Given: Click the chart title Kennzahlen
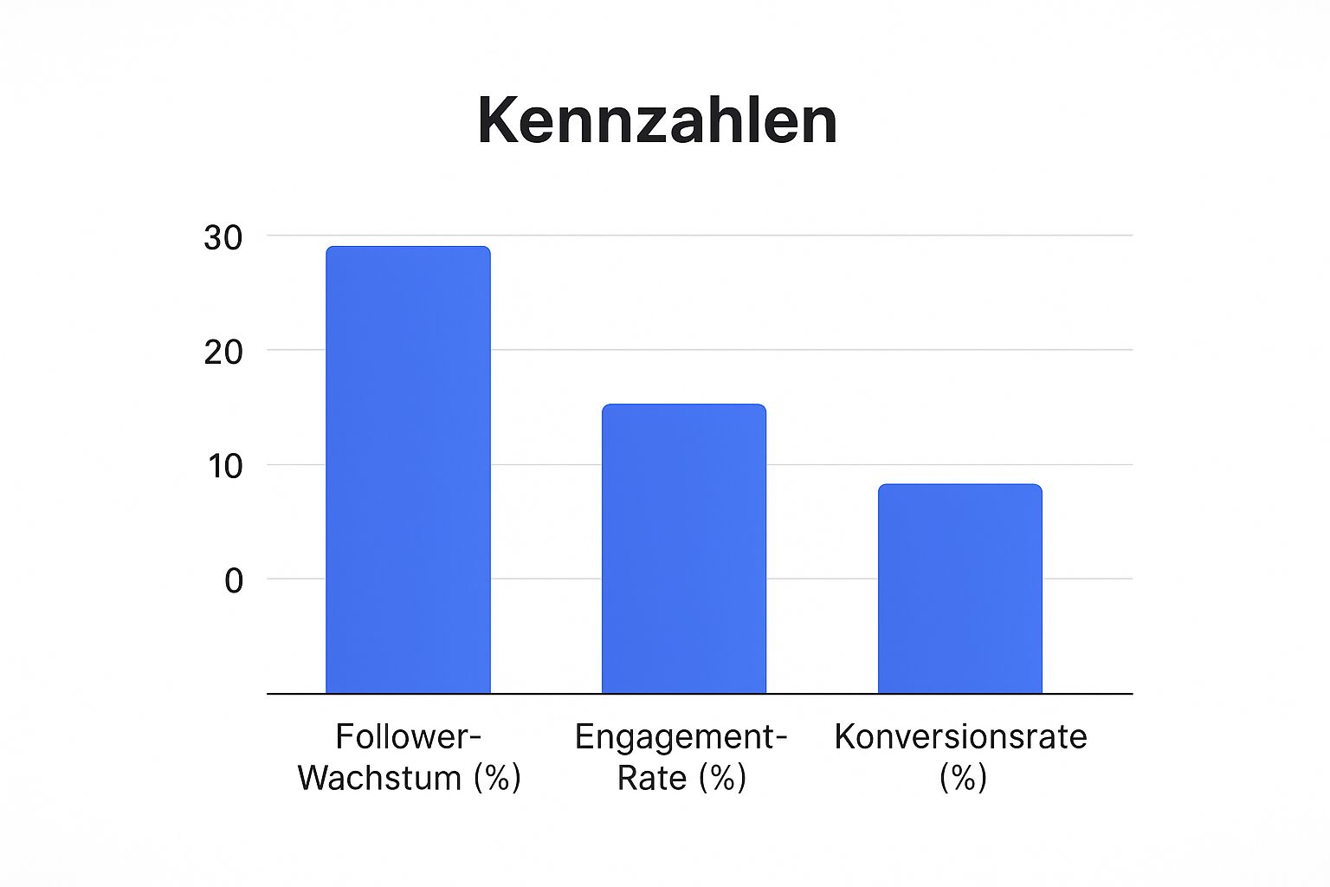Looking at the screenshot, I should pos(657,121).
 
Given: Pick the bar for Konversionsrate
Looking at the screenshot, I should pos(959,589).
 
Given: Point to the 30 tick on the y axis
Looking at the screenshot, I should pos(223,237).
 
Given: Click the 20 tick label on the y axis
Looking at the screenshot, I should pos(223,352).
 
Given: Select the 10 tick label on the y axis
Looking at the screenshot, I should pos(223,466).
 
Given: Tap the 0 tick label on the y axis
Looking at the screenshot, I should pos(233,580).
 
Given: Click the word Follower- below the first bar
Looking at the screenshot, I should pos(408,737).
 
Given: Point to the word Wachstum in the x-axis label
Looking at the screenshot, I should pos(379,778).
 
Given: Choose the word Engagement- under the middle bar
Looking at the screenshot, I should pos(681,737).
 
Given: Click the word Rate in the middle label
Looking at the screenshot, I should pos(651,778).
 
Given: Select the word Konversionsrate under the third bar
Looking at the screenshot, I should pos(960,737).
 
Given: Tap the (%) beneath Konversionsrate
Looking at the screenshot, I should pos(963,778).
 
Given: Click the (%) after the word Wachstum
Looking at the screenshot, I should pos(497,778).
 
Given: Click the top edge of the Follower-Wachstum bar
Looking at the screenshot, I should pos(408,248).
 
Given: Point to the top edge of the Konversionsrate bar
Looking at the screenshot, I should pos(959,485).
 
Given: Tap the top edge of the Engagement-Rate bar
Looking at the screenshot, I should pos(684,405).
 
